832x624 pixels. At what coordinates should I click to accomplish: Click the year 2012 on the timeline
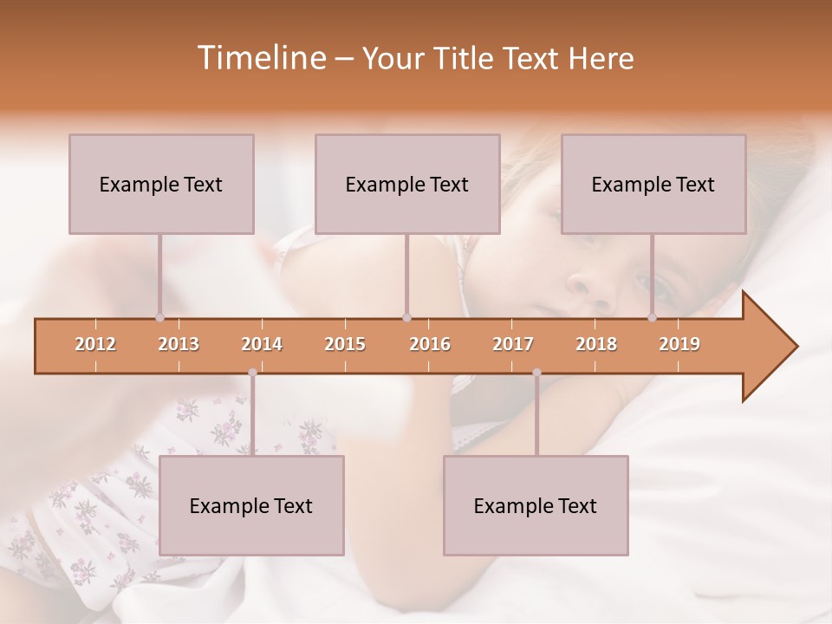click(x=95, y=345)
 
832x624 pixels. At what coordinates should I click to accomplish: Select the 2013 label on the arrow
click(x=179, y=345)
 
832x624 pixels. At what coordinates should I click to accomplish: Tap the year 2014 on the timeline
click(x=262, y=345)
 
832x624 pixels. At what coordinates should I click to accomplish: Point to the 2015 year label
click(x=345, y=345)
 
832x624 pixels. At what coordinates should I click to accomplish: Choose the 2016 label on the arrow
click(x=430, y=345)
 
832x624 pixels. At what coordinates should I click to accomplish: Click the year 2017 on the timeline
click(x=513, y=345)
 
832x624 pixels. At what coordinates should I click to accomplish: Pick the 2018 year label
click(x=596, y=345)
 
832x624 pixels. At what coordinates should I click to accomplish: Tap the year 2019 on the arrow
click(x=679, y=345)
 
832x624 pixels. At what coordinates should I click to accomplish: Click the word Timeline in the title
click(x=260, y=58)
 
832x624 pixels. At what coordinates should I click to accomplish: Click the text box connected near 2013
click(x=161, y=184)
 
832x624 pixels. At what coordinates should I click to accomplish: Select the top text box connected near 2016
click(x=407, y=184)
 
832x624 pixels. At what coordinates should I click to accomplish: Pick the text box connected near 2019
click(x=653, y=184)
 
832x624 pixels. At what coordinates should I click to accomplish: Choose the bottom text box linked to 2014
click(x=251, y=505)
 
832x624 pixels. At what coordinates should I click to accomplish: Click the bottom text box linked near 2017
click(x=536, y=505)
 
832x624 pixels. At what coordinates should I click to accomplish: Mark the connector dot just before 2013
click(x=159, y=317)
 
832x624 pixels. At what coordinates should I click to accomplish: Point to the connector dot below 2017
click(x=536, y=373)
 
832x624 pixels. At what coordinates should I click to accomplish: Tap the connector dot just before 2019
click(x=652, y=317)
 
